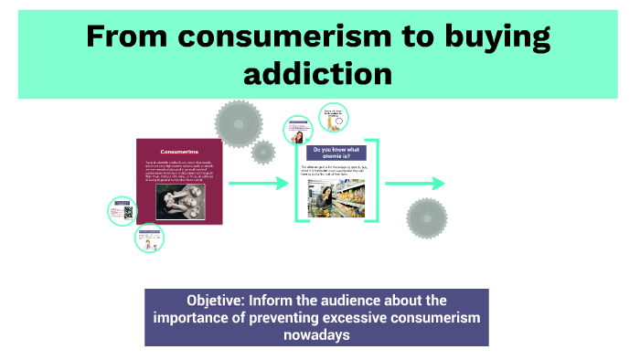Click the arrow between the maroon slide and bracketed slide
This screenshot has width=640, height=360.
tap(259, 185)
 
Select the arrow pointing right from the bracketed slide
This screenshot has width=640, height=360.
tap(414, 184)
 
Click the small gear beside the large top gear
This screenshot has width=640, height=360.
tap(263, 152)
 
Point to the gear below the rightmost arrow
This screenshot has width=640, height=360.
tap(426, 218)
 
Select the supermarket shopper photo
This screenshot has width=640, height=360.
tap(337, 197)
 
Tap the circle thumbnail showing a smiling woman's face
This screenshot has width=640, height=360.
tap(299, 131)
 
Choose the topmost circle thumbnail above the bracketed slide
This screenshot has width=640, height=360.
tap(333, 117)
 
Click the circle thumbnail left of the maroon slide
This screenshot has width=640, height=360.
tap(123, 211)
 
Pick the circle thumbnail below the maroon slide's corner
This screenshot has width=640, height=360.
tap(149, 238)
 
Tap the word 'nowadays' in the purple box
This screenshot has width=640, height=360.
tap(317, 334)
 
